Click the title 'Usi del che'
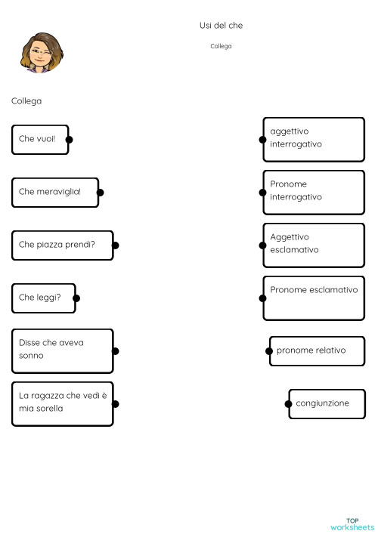click(x=221, y=26)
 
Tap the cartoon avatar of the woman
click(x=42, y=53)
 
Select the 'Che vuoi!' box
click(x=40, y=140)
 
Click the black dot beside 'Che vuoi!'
click(x=69, y=140)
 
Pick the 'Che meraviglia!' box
click(x=55, y=192)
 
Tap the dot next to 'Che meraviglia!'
click(x=100, y=193)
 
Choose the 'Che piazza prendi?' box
click(x=62, y=245)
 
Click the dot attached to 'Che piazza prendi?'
click(x=115, y=245)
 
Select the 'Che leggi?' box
click(x=43, y=298)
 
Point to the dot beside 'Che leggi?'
click(x=76, y=298)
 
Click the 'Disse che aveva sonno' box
click(x=62, y=350)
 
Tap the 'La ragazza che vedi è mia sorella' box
click(x=62, y=403)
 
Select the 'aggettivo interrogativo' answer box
click(x=314, y=139)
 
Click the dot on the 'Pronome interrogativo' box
click(x=262, y=192)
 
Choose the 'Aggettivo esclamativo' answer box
click(x=314, y=245)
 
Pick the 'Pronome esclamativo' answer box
click(x=314, y=298)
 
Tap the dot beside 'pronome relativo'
click(x=270, y=350)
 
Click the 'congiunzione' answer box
click(x=327, y=403)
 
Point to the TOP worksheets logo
click(x=352, y=523)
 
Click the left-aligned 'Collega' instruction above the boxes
click(x=26, y=100)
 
